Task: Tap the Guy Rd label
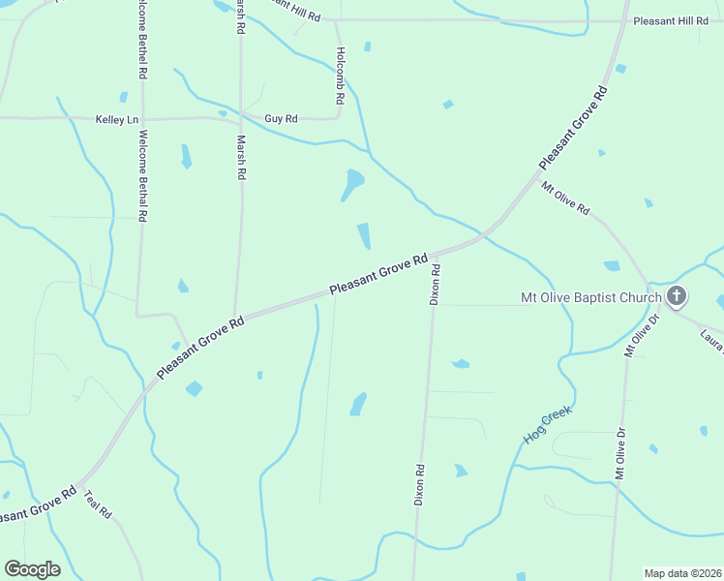pos(281,119)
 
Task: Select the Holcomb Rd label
pos(340,76)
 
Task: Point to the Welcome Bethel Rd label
pos(142,40)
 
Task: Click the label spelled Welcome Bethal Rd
pos(142,176)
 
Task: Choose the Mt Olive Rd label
pos(565,199)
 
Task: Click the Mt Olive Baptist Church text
pos(590,297)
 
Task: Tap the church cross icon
pos(677,296)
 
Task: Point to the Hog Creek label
pos(549,425)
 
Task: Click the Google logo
pos(32,569)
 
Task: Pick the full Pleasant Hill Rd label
pos(671,20)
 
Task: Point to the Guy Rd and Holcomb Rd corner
pos(337,118)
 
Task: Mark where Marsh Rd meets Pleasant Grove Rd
pos(236,319)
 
